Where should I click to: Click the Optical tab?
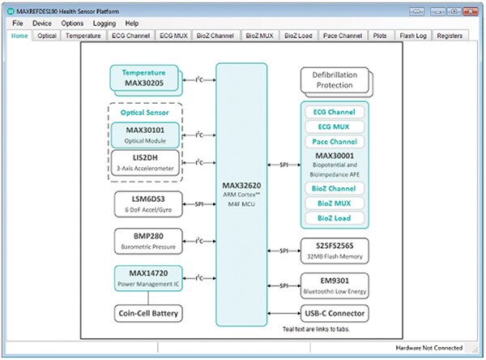(48, 36)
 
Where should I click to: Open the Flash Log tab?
(413, 36)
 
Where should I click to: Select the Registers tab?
(450, 36)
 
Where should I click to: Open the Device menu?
(43, 24)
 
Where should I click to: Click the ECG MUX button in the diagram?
(335, 128)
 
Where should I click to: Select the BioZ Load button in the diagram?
(335, 217)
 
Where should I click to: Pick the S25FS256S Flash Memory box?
(335, 248)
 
